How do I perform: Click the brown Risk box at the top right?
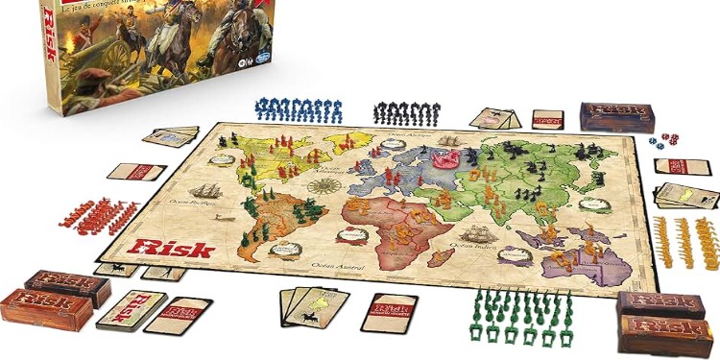[616, 116]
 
